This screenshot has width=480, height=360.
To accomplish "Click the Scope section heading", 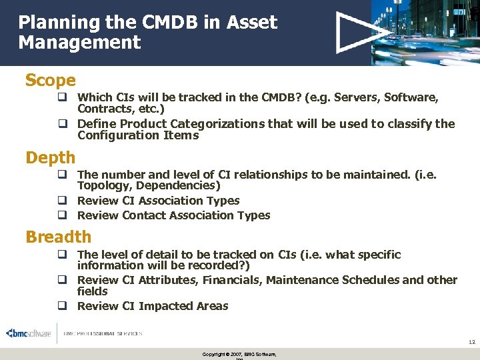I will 50,81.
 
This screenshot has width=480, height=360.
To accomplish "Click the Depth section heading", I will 50,158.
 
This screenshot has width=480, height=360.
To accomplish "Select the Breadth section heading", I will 58,237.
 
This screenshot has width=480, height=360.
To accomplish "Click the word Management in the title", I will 79,43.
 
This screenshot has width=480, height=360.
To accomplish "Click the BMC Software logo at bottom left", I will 28,333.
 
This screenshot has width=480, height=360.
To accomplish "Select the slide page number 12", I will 471,342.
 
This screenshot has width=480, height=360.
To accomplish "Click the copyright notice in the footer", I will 239,354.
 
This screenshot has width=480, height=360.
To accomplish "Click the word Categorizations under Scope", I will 217,124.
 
